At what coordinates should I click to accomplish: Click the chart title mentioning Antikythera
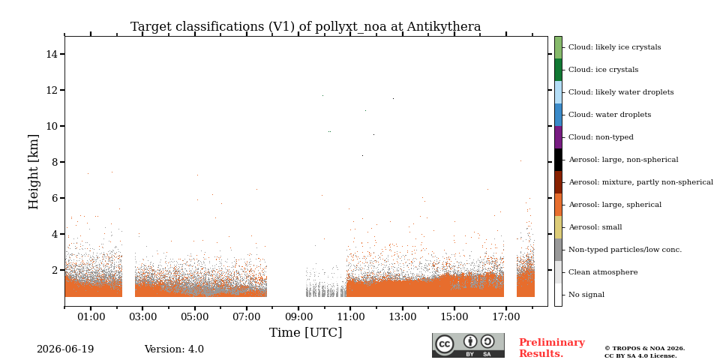[306, 27]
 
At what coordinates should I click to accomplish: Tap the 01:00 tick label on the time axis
[91, 316]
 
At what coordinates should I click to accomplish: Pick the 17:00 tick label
[506, 316]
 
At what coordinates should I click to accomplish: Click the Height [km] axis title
[34, 172]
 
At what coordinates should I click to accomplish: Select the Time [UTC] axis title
[306, 332]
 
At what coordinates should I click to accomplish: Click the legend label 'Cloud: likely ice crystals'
[615, 46]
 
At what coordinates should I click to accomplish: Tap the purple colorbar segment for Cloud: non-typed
[558, 137]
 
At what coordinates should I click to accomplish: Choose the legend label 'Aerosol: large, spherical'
[615, 204]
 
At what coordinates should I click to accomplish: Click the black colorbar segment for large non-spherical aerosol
[558, 160]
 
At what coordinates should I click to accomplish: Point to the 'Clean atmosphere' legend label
[603, 271]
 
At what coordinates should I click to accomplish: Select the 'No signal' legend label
[586, 294]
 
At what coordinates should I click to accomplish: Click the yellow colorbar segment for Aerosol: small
[558, 227]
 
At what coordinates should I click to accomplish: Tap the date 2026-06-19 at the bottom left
[65, 349]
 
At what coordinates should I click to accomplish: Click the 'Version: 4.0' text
[174, 349]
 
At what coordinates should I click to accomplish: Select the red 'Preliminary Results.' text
[552, 348]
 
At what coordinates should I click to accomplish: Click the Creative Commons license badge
[468, 345]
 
